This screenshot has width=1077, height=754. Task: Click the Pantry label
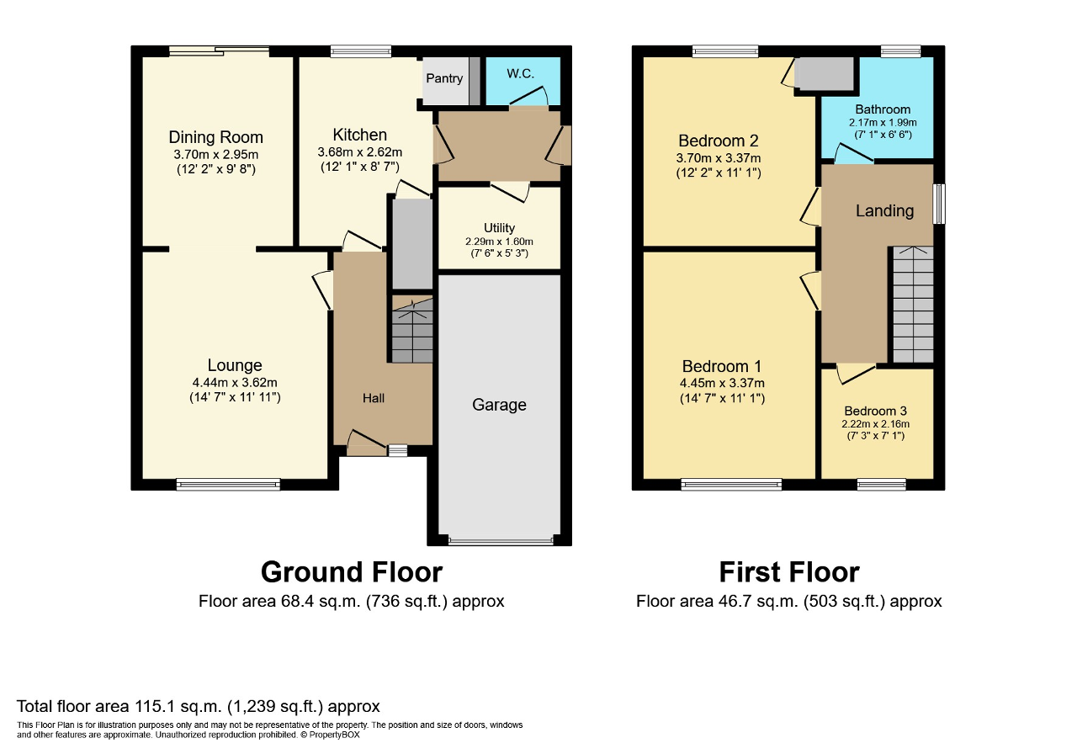[x=444, y=78]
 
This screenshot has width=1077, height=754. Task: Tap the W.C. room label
[x=520, y=73]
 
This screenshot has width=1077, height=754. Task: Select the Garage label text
[x=499, y=405]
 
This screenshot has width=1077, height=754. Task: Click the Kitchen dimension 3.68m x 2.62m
[x=359, y=152]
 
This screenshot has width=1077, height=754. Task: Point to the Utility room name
[x=499, y=228]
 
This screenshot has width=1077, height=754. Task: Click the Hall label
[x=374, y=398]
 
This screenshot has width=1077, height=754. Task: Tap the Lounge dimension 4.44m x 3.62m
[x=235, y=383]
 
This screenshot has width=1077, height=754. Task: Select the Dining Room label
[x=216, y=137]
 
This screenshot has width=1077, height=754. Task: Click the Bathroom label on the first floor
[x=883, y=109]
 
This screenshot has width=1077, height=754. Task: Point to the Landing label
[x=884, y=210]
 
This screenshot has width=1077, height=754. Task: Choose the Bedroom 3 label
[x=876, y=412]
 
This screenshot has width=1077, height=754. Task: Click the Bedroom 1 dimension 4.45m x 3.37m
[x=722, y=383]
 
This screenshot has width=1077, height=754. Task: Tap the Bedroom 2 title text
[x=719, y=141]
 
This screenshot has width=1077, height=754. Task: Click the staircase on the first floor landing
[x=913, y=305]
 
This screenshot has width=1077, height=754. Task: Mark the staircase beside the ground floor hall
[x=412, y=330]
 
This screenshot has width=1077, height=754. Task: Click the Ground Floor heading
[x=352, y=572]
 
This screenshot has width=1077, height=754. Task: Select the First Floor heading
[x=789, y=572]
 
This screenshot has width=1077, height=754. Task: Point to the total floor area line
[x=198, y=706]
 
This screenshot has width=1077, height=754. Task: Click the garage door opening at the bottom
[x=501, y=540]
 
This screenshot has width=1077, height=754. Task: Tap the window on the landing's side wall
[x=939, y=204]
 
